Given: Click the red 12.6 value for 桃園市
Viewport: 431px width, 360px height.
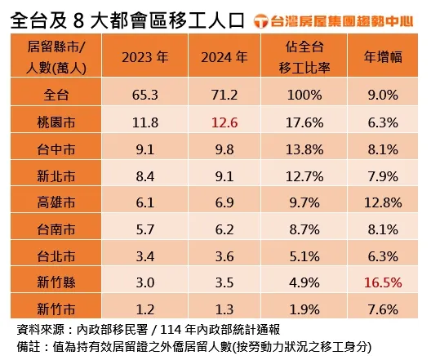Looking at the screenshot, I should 223,123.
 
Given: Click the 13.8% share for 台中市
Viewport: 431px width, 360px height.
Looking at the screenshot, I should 303,149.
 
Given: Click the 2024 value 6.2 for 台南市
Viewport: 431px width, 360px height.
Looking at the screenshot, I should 223,229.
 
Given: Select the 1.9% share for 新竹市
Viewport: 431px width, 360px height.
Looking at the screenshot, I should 303,309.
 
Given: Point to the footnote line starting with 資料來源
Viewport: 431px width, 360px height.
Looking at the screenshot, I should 147,330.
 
